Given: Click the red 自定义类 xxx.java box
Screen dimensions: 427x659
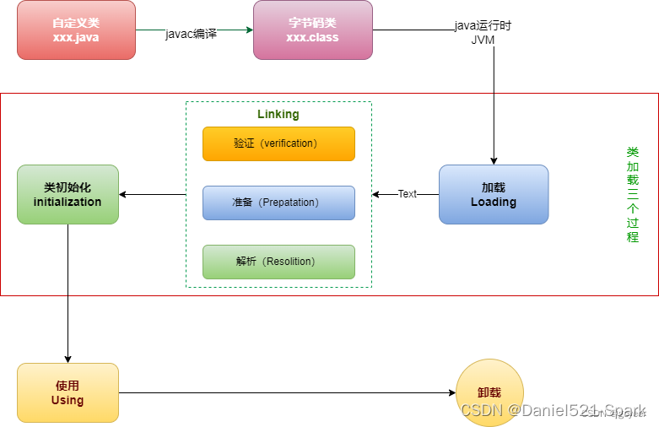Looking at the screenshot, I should click(x=76, y=30).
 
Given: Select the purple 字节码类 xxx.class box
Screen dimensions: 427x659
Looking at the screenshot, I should click(x=312, y=30).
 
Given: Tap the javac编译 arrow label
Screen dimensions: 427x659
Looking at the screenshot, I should click(x=191, y=34).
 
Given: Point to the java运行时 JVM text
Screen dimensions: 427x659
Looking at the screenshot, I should click(x=483, y=32).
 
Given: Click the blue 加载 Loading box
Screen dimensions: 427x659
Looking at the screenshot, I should click(x=494, y=194).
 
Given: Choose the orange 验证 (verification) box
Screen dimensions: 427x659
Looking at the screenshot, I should click(x=278, y=143).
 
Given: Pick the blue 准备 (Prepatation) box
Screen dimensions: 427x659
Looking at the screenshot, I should click(x=278, y=203).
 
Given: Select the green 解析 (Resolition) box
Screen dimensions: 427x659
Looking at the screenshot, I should click(x=278, y=262).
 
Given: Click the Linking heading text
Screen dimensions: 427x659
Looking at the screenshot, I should click(x=278, y=114).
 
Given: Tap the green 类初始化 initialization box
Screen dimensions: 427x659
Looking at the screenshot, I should click(x=68, y=194).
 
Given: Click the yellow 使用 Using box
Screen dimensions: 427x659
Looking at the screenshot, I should click(x=68, y=392).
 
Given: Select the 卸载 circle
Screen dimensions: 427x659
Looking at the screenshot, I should click(x=489, y=392).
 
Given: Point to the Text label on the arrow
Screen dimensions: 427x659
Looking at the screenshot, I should click(x=408, y=194).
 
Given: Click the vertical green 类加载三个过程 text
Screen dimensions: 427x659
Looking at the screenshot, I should click(x=633, y=194).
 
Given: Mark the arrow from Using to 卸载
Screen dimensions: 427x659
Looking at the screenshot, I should click(x=287, y=392).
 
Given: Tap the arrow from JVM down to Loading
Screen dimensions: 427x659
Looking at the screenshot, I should click(x=494, y=110).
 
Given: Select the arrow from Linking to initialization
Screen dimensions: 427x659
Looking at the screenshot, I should click(x=152, y=194).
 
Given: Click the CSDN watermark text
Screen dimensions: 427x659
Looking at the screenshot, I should click(x=553, y=410).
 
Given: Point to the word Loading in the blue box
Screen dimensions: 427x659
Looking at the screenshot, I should click(x=494, y=203).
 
